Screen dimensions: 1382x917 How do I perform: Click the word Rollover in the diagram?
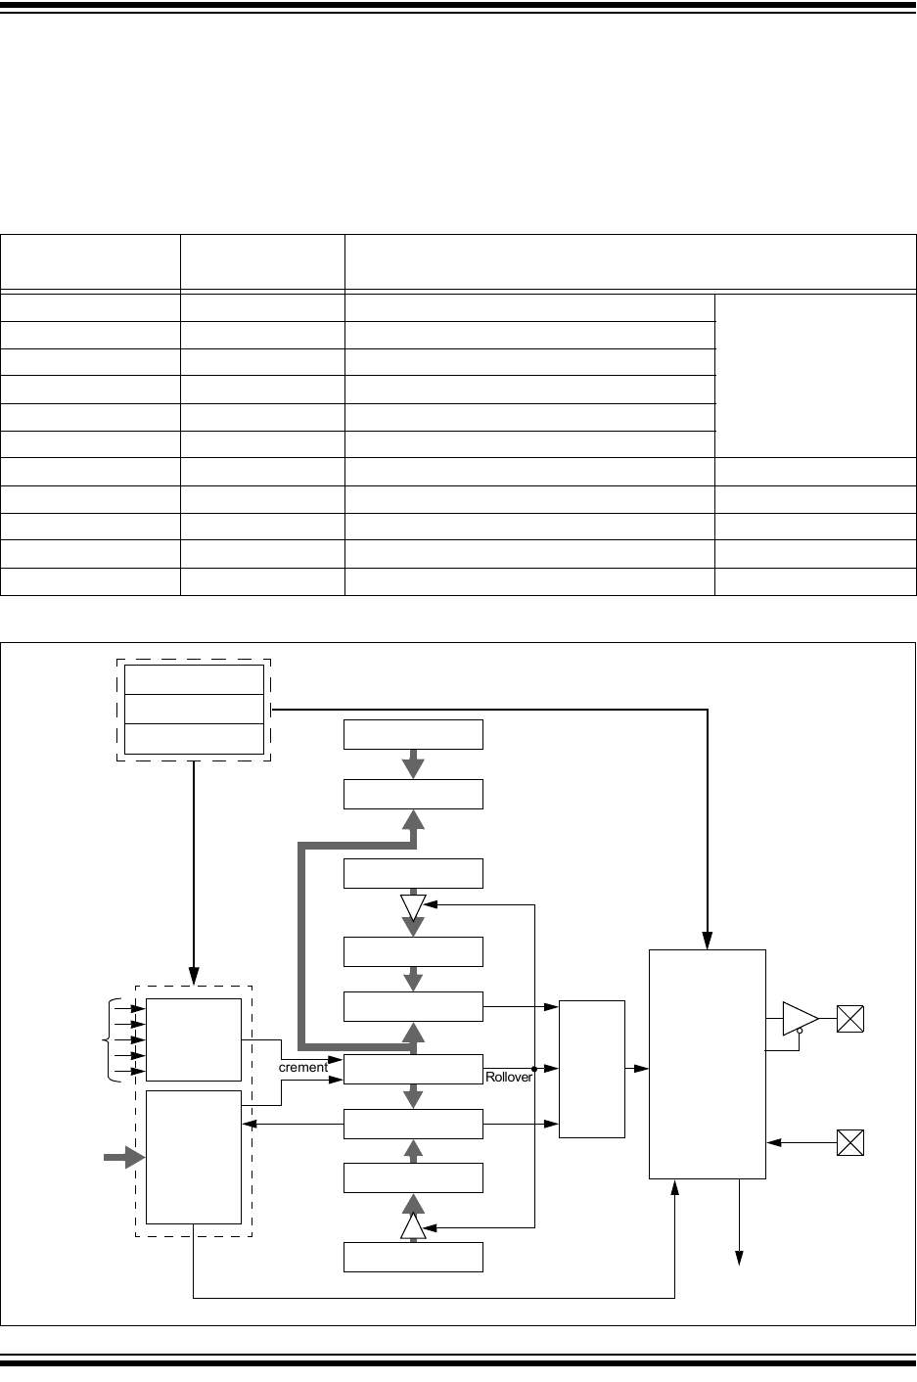pos(508,1077)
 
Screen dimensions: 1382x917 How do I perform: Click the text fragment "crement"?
pos(303,1068)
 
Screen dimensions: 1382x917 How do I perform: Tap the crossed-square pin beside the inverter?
pos(850,1019)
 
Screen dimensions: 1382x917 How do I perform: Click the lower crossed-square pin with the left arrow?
pos(850,1142)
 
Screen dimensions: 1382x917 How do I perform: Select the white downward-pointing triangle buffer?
pos(413,906)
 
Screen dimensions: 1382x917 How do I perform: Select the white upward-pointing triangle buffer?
pos(413,1226)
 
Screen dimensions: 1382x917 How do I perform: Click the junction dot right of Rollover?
pos(534,1069)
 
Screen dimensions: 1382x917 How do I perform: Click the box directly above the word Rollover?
pos(413,1006)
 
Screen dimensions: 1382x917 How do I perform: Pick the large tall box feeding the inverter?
pos(708,1064)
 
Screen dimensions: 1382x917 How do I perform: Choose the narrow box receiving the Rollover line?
pos(591,1069)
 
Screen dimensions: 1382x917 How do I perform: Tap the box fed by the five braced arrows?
pos(194,1039)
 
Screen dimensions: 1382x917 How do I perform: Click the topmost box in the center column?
pos(413,734)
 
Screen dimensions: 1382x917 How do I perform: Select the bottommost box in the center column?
pos(413,1257)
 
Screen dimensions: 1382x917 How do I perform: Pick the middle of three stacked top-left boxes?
pos(194,709)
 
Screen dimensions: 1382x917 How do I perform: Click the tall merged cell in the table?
pos(815,376)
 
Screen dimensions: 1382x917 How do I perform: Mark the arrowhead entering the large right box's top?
pos(708,943)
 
